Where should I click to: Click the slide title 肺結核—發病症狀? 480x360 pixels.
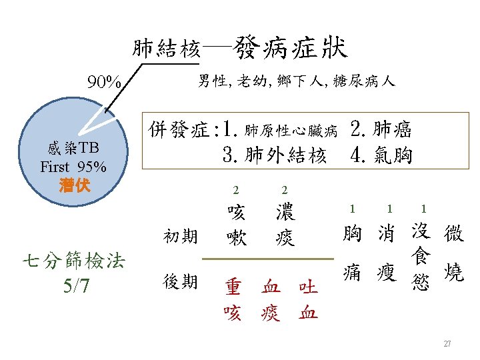click(239, 48)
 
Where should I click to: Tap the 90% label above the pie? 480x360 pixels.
click(105, 83)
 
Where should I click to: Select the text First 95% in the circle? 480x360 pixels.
click(73, 167)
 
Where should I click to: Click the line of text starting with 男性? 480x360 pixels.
click(297, 81)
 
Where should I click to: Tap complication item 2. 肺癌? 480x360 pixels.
click(381, 127)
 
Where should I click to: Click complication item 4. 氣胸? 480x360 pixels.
click(381, 155)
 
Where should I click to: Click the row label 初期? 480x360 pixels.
click(181, 236)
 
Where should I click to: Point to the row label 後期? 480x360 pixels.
click(181, 282)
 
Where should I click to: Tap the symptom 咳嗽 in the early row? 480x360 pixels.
click(236, 225)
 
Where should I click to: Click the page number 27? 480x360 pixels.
click(447, 343)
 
